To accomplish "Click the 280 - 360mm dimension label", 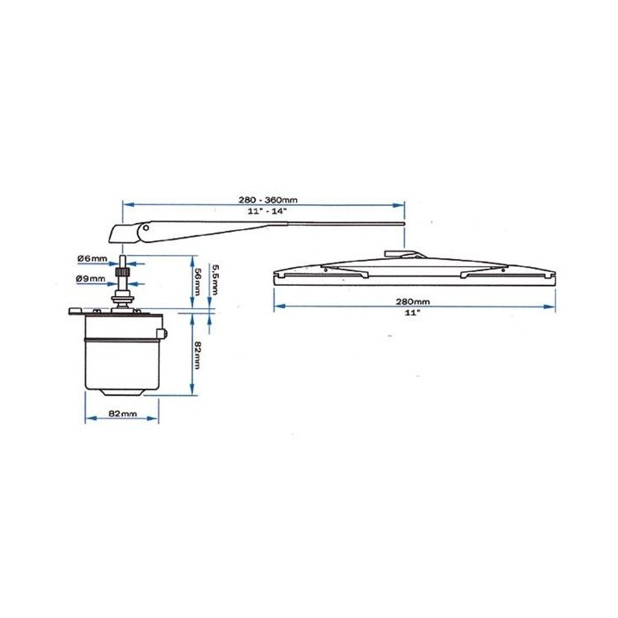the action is [268, 200].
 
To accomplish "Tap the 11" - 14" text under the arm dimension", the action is [267, 211].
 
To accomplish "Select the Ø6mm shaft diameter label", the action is [92, 258].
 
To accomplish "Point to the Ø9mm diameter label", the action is [91, 279].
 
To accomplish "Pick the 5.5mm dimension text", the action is [215, 280].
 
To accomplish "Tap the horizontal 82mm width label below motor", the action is [123, 414].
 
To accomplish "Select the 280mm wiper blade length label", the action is [413, 302].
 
